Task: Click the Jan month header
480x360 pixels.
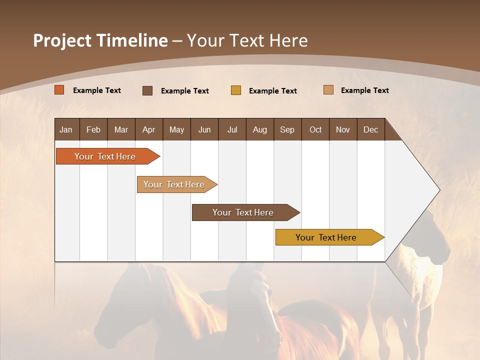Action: tap(66, 129)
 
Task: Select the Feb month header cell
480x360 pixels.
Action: tap(93, 129)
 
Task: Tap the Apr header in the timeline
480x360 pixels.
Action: tap(149, 129)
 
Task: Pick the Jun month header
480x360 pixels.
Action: tap(204, 129)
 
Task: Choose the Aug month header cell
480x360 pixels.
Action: tap(260, 129)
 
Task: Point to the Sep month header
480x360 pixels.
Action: tap(287, 129)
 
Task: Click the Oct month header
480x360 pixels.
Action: tap(315, 129)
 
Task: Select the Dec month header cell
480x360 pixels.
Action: tap(371, 129)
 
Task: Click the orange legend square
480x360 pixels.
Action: tap(59, 90)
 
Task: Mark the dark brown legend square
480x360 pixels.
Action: tap(147, 90)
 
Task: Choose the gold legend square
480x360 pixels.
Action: tap(236, 90)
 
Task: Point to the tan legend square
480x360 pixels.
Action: tap(328, 90)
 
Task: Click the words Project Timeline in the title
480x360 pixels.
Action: tap(100, 40)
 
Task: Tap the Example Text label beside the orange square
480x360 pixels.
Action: tap(97, 90)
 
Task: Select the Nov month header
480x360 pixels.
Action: tap(343, 129)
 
